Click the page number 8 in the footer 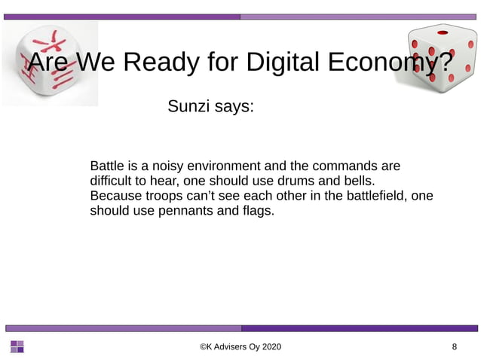(454, 346)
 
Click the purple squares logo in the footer (17, 346)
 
